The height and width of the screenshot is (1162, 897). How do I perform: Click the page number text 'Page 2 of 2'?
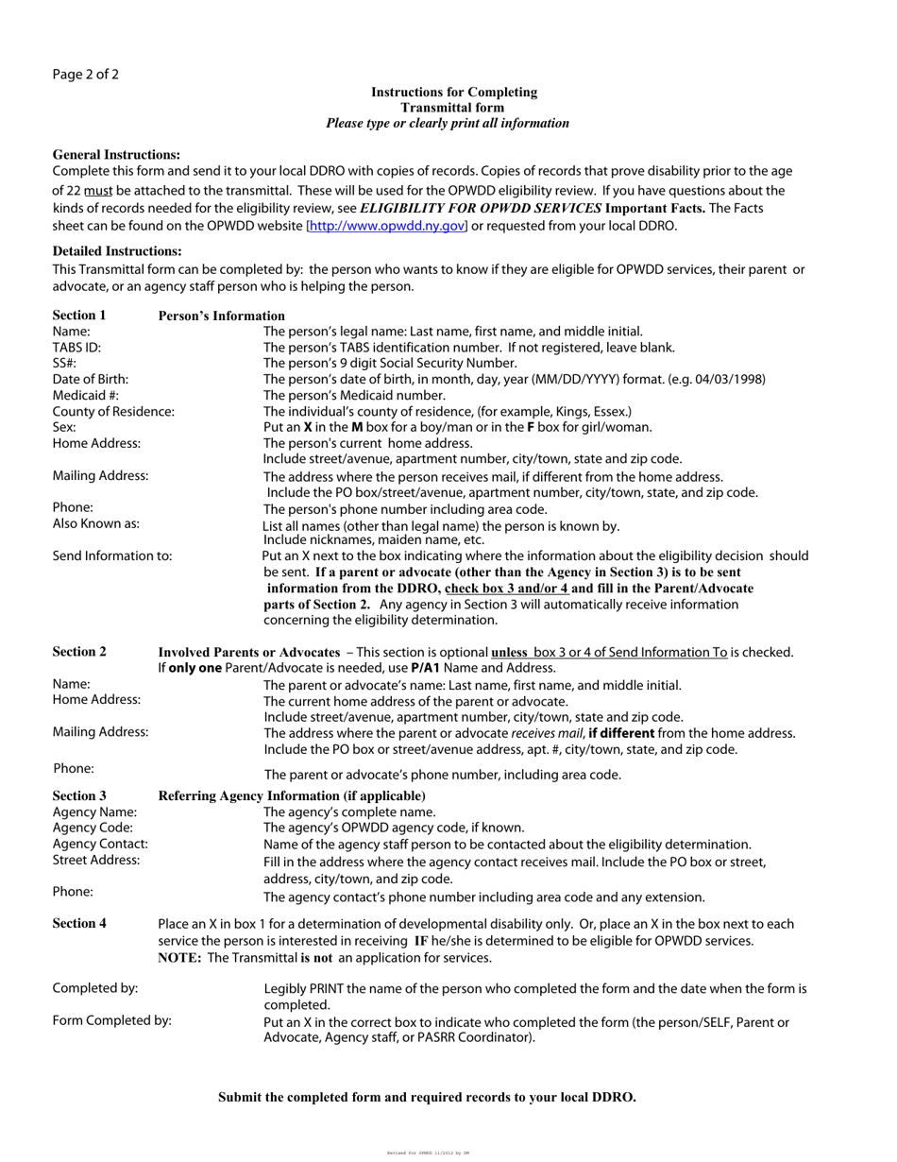86,75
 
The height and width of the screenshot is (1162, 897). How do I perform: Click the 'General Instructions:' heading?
116,154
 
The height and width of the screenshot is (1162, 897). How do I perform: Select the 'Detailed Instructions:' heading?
117,251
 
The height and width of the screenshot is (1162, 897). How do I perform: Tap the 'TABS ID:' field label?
76,348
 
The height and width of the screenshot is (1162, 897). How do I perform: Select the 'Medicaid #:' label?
86,395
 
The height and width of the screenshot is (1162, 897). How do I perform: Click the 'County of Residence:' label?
113,412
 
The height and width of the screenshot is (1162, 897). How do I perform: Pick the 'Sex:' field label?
64,427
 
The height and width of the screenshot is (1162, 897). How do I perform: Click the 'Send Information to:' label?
112,555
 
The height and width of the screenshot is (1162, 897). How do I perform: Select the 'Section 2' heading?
79,652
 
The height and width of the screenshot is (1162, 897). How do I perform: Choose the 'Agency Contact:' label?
100,844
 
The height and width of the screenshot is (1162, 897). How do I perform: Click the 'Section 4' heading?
79,924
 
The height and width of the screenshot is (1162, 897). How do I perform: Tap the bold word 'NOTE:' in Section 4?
180,958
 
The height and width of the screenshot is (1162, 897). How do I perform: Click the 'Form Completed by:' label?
112,1020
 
